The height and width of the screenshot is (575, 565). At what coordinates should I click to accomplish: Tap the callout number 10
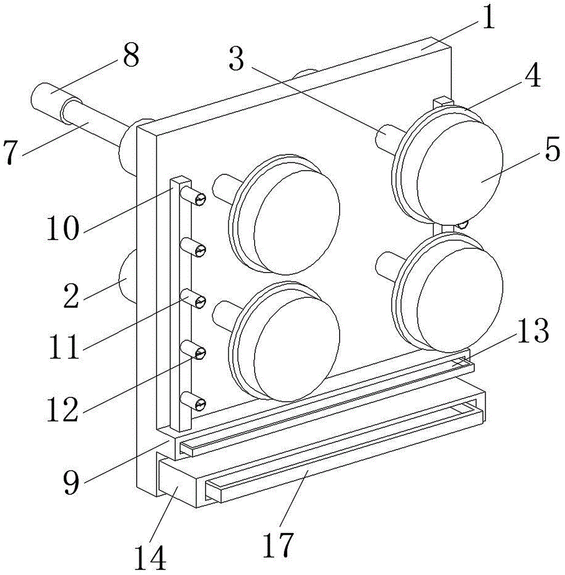tap(63, 228)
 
